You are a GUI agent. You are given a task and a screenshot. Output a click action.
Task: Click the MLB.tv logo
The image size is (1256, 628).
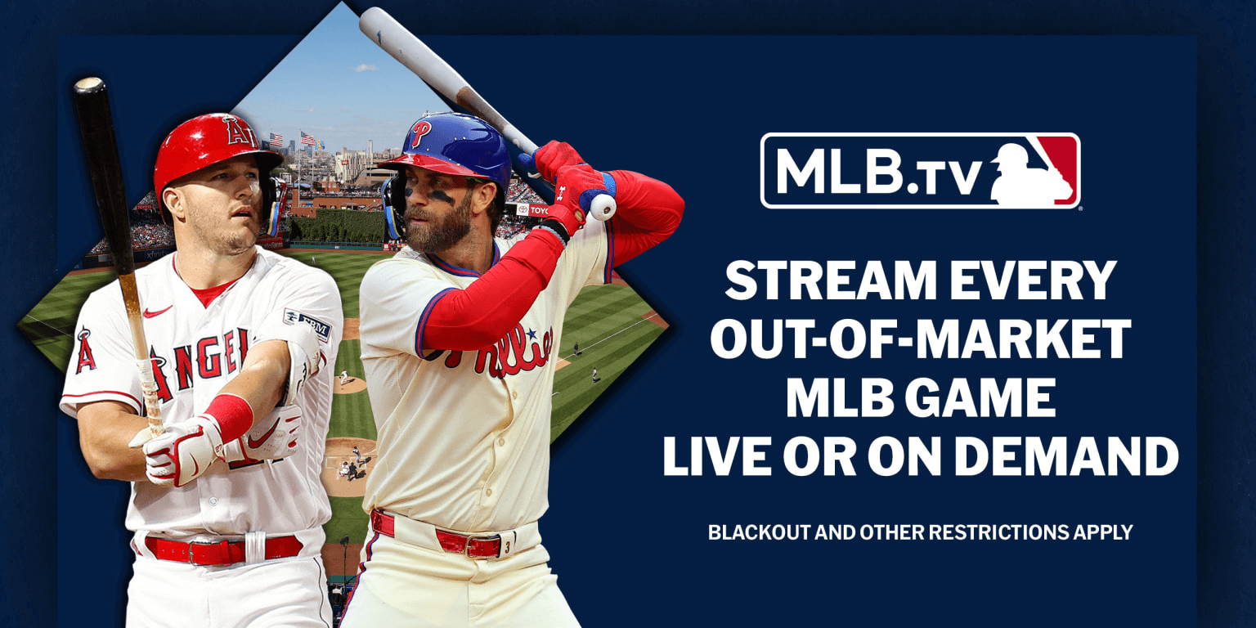(x=920, y=171)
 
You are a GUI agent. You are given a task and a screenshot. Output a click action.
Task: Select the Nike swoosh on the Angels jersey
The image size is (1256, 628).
(x=157, y=312)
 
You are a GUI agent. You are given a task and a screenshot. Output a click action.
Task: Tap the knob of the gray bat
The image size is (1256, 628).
(x=603, y=207)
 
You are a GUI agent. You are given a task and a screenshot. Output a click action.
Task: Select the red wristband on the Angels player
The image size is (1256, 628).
(x=228, y=415)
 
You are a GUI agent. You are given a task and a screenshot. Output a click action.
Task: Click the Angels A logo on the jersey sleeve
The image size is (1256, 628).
(x=85, y=350)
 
